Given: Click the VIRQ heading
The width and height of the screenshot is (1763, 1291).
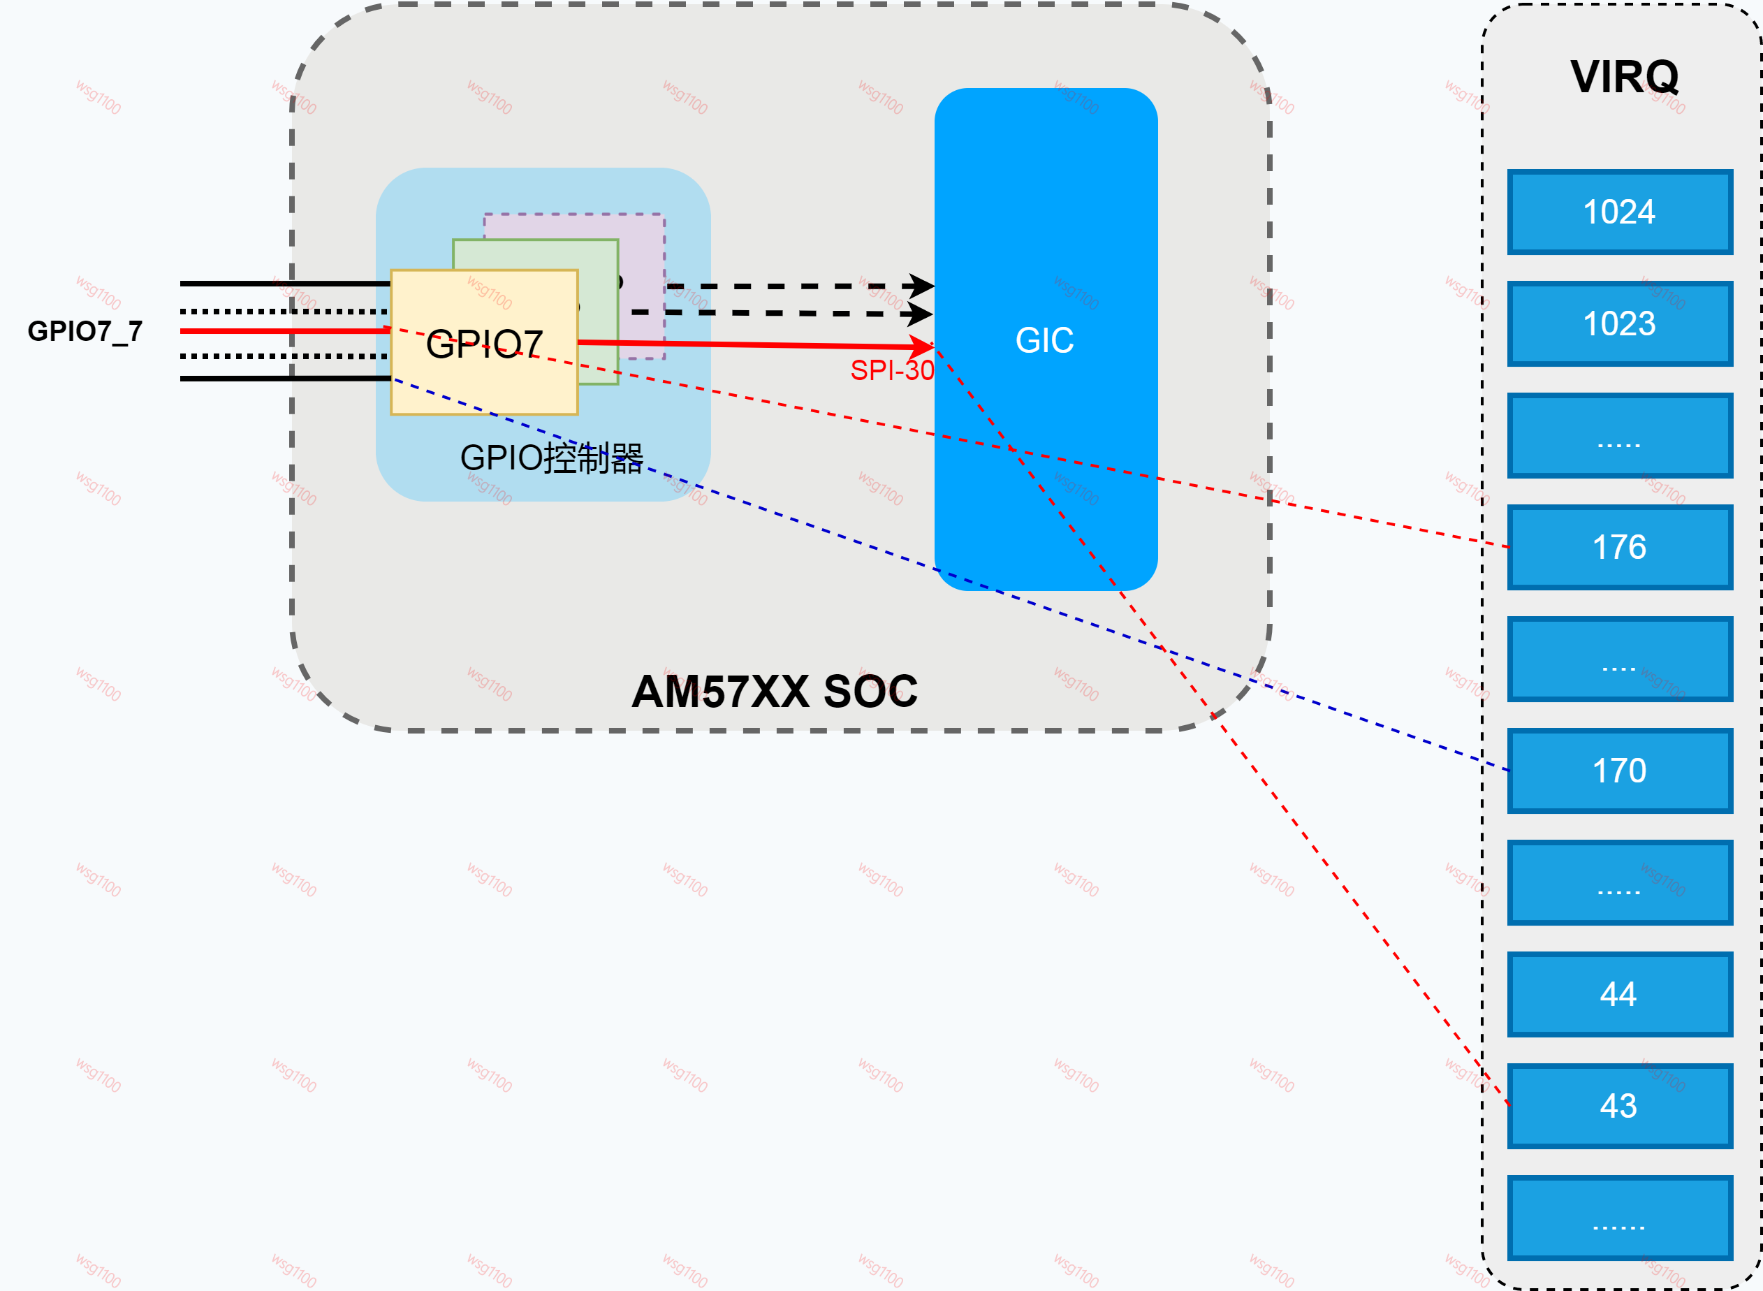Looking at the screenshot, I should (x=1624, y=77).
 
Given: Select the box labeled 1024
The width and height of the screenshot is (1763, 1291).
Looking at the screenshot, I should (x=1619, y=212).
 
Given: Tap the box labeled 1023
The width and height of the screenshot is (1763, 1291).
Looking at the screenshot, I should (x=1619, y=323).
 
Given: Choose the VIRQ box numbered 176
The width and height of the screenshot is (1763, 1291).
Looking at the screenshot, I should (x=1619, y=547).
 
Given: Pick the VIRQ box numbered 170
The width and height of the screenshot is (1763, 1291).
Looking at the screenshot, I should (x=1619, y=771).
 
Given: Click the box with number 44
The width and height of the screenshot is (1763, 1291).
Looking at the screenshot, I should (x=1619, y=994).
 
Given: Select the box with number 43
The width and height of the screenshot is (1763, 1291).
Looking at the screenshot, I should (x=1619, y=1106).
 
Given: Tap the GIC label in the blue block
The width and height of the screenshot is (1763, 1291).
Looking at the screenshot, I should (x=1044, y=340).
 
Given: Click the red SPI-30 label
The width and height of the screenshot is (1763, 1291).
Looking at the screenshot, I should (x=892, y=370).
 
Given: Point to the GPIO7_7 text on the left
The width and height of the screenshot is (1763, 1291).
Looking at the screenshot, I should (x=85, y=330).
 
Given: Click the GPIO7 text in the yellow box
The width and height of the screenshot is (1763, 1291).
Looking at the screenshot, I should (x=484, y=344).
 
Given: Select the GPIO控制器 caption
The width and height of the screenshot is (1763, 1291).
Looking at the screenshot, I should (x=551, y=458).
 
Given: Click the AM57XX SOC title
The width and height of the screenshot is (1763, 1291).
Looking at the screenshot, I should (x=774, y=692).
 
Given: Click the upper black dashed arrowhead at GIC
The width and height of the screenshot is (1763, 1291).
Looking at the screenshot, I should (x=922, y=286).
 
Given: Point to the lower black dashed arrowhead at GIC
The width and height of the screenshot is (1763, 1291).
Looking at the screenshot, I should (x=921, y=314).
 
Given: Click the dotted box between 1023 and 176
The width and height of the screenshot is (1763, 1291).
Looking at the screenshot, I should (x=1619, y=435).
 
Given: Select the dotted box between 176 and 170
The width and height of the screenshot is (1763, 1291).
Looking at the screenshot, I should (x=1619, y=659).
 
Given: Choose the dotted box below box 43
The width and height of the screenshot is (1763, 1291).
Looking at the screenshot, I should (x=1619, y=1218).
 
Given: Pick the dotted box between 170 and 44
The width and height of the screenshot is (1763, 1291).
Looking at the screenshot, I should (x=1619, y=882).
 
